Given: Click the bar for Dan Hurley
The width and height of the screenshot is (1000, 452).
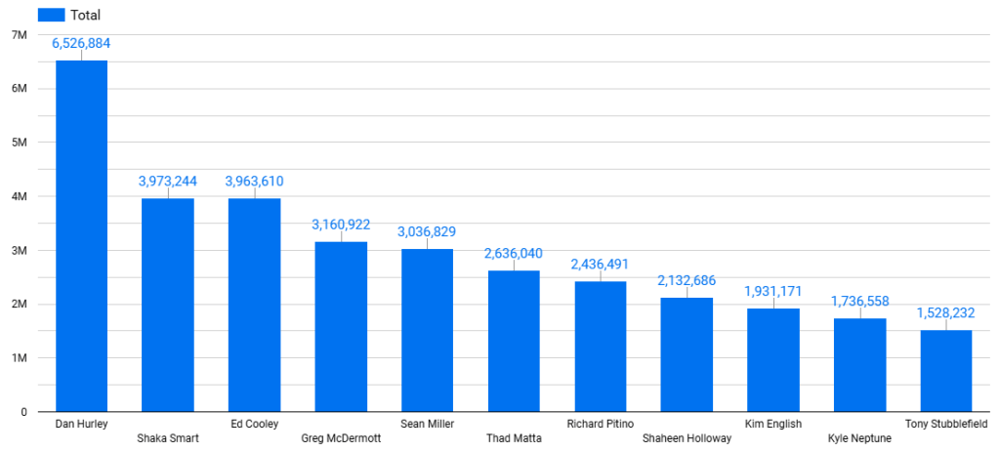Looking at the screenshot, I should (81, 236).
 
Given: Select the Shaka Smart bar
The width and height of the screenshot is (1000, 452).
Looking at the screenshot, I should (168, 305).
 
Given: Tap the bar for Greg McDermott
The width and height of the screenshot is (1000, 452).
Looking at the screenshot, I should (341, 327).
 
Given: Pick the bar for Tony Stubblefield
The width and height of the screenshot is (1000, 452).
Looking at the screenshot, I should (945, 371).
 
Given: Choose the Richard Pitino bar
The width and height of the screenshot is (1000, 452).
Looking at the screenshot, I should (600, 347).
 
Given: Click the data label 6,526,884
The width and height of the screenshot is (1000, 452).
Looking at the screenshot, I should (81, 44).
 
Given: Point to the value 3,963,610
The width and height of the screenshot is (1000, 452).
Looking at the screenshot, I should (254, 182).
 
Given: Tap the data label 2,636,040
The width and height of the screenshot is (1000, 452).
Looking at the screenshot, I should (514, 254).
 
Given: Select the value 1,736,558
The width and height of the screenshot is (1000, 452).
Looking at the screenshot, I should (860, 303).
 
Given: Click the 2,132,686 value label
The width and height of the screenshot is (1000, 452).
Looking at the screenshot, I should (687, 281).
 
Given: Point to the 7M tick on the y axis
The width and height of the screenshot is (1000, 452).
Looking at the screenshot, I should (18, 35).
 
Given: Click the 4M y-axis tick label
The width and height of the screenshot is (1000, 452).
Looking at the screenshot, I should (18, 196).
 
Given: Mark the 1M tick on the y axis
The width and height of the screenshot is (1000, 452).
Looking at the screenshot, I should (18, 358).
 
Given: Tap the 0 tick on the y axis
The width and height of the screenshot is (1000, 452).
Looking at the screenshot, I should (21, 412).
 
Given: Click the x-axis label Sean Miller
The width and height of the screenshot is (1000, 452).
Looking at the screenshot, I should (427, 424).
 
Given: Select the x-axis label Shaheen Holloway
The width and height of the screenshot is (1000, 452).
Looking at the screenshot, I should (687, 438).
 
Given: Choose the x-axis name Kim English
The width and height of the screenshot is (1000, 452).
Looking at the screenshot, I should (772, 424).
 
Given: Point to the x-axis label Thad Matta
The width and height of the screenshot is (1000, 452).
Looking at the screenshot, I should (514, 438).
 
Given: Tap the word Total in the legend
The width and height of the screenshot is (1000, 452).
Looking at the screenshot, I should (86, 15).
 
